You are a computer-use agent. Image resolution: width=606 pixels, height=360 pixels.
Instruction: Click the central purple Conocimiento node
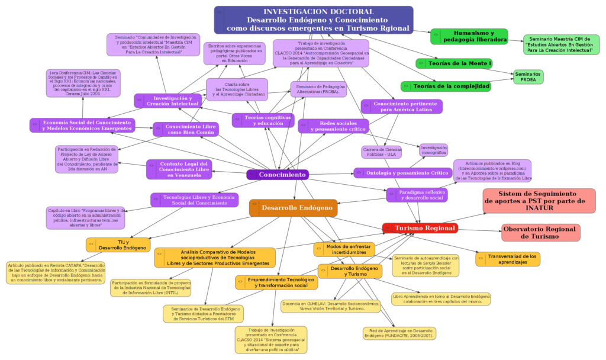[x=278, y=175]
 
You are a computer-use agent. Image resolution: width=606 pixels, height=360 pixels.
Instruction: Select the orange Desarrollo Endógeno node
[x=293, y=208]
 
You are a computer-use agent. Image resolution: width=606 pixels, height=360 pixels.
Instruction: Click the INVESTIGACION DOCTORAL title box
[x=313, y=20]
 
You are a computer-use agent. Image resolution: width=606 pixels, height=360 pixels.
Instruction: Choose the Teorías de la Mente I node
[x=454, y=63]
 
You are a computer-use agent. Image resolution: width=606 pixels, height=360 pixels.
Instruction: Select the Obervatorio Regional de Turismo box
[x=541, y=232]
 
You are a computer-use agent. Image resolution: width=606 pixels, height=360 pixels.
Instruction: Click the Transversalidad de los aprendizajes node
[x=508, y=259]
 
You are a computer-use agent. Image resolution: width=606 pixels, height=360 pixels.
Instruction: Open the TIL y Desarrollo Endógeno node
[x=118, y=244]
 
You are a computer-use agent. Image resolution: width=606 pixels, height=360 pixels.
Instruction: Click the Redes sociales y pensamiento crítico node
[x=334, y=126]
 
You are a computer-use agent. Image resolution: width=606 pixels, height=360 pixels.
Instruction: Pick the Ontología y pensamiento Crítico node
[x=401, y=173]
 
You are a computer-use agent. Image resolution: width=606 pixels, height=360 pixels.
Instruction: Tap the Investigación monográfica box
[x=434, y=150]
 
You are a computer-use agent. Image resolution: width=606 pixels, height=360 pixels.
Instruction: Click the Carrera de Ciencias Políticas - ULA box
[x=382, y=152]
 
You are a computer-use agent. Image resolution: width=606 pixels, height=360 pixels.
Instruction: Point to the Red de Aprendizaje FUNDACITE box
[x=399, y=333]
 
